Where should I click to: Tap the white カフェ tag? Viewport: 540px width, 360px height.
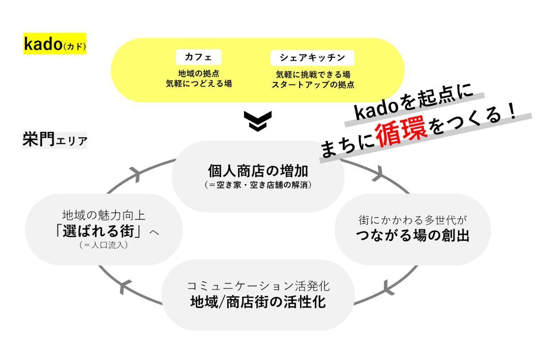point(198,58)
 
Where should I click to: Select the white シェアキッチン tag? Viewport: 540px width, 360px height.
point(312,58)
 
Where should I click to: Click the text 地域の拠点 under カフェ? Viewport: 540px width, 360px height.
point(198,73)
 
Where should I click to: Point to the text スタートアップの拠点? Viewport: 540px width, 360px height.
point(313,84)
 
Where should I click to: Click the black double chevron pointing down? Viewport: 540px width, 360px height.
point(257,121)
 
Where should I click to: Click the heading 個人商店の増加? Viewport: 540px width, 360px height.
point(258,171)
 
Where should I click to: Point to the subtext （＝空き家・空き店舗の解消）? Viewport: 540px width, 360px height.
point(258,185)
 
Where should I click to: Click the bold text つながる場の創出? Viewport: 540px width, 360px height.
point(413,235)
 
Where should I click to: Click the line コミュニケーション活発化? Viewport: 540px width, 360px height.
point(258,286)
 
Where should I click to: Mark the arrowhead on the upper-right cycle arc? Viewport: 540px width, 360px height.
point(377,173)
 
